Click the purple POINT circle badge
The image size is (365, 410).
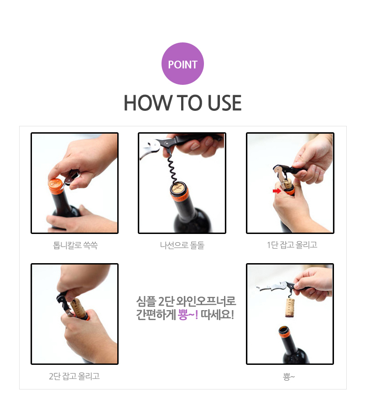point(182,63)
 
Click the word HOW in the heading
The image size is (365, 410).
point(147,103)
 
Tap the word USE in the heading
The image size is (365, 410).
point(224,103)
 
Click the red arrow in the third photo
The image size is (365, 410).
point(277,191)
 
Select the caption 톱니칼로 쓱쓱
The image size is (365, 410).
point(75,245)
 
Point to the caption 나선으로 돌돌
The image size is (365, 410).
point(182,245)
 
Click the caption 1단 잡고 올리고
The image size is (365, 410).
point(292,245)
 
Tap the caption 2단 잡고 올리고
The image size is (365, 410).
point(74,376)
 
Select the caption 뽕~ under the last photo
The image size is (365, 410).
point(289,377)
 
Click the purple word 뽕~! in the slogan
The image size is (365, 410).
point(188,315)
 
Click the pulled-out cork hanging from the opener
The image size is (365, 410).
point(290,308)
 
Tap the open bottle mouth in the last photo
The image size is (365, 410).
point(284,329)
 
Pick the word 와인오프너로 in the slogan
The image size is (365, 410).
point(206,301)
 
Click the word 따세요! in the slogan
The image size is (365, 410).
point(217,315)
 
